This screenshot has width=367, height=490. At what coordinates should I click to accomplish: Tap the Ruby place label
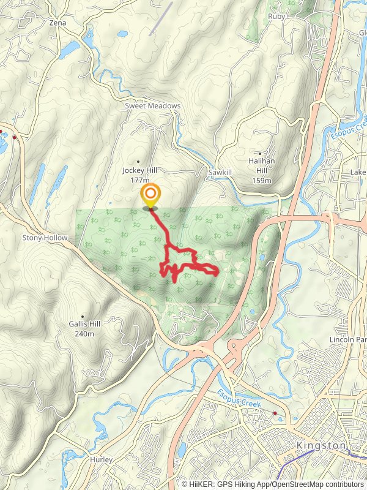pyautogui.click(x=276, y=17)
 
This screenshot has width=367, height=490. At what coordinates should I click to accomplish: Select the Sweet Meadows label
pyautogui.click(x=153, y=106)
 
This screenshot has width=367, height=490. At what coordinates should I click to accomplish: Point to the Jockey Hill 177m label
pyautogui.click(x=136, y=175)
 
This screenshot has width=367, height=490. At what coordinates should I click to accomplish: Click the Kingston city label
pyautogui.click(x=321, y=445)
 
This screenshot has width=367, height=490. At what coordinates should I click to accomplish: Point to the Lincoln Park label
pyautogui.click(x=347, y=339)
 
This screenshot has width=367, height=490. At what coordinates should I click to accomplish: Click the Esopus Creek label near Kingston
pyautogui.click(x=239, y=401)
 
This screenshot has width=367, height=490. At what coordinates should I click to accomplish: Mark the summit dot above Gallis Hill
pyautogui.click(x=82, y=316)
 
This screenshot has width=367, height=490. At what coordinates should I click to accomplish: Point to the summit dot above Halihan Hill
pyautogui.click(x=261, y=153)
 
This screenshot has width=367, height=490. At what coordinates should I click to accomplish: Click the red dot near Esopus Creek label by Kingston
pyautogui.click(x=275, y=413)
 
